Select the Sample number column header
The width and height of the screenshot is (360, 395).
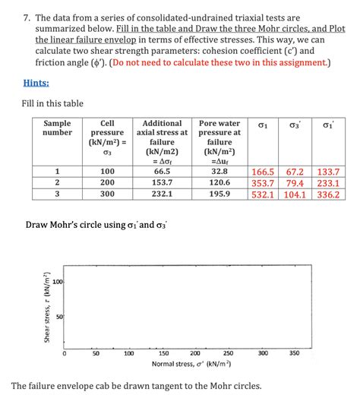point(57,128)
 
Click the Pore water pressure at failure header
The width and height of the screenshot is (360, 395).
point(219,137)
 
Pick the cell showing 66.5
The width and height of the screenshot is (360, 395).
point(163,172)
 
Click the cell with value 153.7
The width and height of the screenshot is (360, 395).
point(163,183)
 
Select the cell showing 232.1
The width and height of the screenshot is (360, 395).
point(163,194)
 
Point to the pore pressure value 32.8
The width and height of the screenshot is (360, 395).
point(219,172)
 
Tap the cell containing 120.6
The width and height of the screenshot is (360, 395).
point(219,183)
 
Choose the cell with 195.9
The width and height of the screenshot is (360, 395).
point(219,194)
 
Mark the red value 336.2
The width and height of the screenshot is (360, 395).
point(328,194)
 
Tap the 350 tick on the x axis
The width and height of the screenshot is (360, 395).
point(295,353)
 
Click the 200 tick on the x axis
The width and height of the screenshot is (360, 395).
point(195,353)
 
